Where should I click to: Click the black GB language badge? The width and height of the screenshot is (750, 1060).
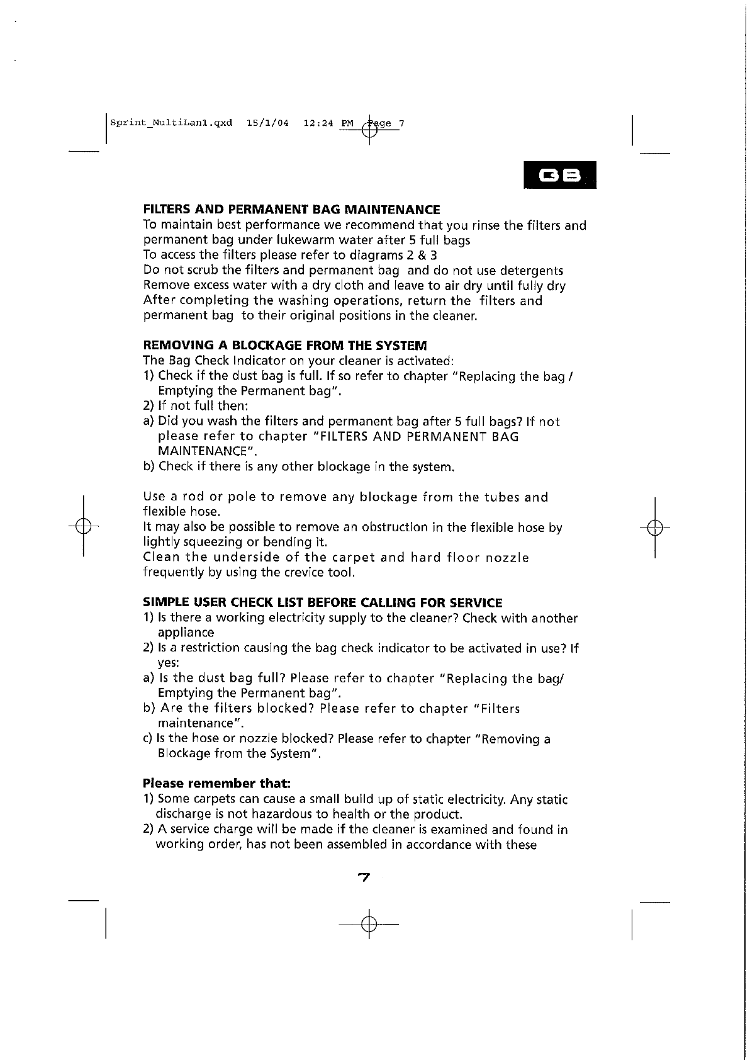tap(559, 176)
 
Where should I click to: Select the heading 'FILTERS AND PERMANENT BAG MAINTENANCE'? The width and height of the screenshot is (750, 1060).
tap(291, 210)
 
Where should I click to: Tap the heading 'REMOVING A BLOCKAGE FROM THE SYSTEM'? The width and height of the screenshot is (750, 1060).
tap(285, 346)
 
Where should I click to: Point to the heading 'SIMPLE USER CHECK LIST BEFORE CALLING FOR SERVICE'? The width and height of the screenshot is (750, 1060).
tap(323, 602)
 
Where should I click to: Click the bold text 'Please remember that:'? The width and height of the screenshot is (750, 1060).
tap(216, 784)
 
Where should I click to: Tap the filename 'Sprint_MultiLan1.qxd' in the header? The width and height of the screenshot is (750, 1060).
tap(171, 123)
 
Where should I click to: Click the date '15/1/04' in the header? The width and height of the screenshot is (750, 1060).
tap(268, 123)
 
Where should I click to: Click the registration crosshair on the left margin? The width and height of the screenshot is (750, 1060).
tap(84, 526)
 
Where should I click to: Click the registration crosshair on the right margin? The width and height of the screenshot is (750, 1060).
tap(655, 526)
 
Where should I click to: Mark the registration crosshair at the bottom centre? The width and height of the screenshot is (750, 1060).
tap(369, 924)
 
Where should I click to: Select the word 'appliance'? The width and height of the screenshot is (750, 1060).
tap(186, 633)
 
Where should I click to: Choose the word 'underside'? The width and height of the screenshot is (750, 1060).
tap(246, 558)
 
